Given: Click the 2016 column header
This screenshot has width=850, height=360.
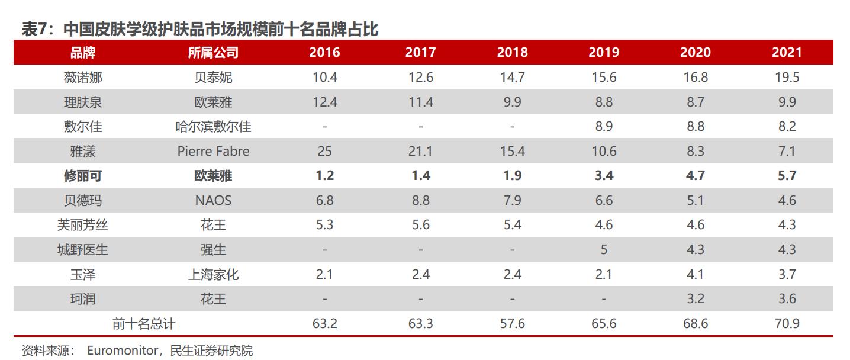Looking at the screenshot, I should tap(324, 52).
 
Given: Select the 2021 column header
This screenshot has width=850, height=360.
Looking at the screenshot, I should tap(787, 52).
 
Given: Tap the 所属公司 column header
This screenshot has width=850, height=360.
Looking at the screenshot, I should tap(213, 52).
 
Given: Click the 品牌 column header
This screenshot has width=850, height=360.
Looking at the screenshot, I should tap(82, 52).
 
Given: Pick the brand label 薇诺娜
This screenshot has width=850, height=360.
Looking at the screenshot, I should tap(82, 78).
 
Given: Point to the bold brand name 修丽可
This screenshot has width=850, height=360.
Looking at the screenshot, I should tap(82, 176).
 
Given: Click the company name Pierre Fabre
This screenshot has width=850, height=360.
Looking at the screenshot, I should tap(213, 151).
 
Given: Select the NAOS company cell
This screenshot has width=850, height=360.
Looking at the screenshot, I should tap(213, 201).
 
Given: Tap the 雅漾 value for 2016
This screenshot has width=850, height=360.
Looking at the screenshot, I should tap(324, 151).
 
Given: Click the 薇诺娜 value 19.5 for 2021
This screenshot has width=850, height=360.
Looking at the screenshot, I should tap(787, 78).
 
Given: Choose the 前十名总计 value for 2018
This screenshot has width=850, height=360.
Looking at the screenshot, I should tap(512, 324).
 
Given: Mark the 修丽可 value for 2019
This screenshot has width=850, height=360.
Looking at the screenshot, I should tap(603, 176).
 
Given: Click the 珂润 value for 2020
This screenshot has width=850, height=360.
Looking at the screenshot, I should tap(695, 299).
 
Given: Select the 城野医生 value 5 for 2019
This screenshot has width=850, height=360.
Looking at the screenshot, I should tap(603, 250).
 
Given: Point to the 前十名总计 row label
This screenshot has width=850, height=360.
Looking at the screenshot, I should tap(144, 324).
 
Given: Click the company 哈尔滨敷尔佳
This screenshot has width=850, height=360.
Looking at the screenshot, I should tap(213, 127).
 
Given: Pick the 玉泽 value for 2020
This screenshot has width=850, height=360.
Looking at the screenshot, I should tap(695, 275).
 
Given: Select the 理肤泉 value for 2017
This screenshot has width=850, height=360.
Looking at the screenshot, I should tap(420, 102).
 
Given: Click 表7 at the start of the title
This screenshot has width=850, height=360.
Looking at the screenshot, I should tap(34, 29).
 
